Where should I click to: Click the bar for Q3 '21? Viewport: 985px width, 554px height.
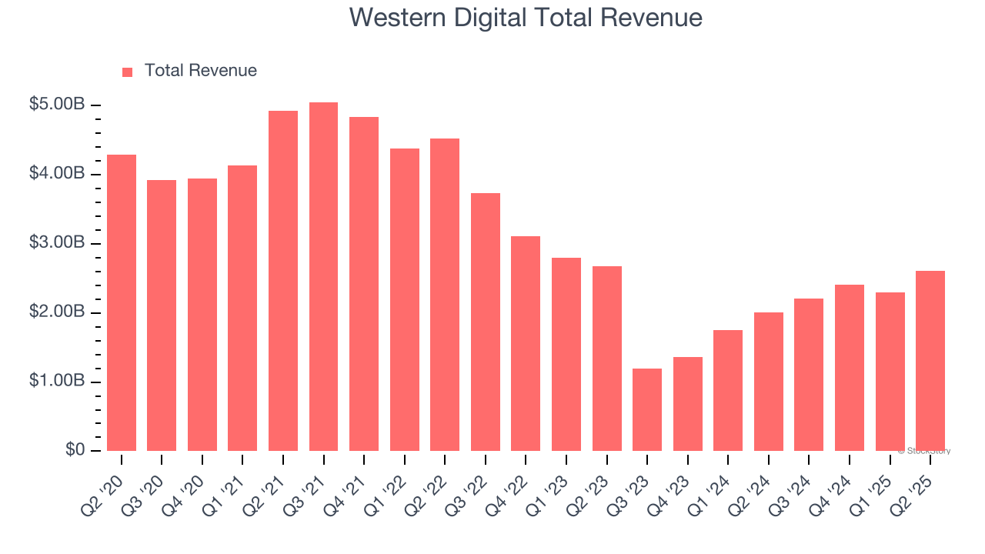pyautogui.click(x=323, y=277)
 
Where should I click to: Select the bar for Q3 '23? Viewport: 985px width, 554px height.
pyautogui.click(x=647, y=410)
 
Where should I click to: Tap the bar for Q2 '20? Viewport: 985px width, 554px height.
pyautogui.click(x=122, y=303)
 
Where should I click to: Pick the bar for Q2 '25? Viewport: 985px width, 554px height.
pyautogui.click(x=930, y=361)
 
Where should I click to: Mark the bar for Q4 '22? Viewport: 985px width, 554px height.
pyautogui.click(x=526, y=344)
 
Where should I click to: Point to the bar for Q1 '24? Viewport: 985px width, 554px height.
pyautogui.click(x=728, y=391)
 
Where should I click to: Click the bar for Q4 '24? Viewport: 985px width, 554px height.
pyautogui.click(x=850, y=368)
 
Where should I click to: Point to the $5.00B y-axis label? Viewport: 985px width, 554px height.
pyautogui.click(x=57, y=105)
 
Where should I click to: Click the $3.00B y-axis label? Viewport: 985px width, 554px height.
pyautogui.click(x=57, y=243)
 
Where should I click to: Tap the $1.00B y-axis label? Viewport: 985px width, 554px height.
pyautogui.click(x=57, y=382)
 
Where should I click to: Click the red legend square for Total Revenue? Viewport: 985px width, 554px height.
pyautogui.click(x=128, y=72)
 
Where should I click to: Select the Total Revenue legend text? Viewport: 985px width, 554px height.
pyautogui.click(x=201, y=71)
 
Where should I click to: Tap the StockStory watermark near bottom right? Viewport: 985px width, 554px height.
pyautogui.click(x=924, y=451)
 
